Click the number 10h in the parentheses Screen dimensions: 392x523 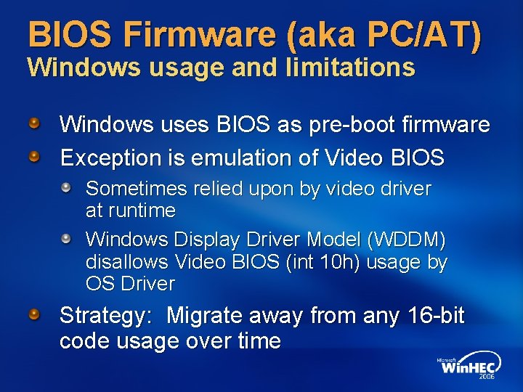[334, 261]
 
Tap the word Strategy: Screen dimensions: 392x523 [106, 316]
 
